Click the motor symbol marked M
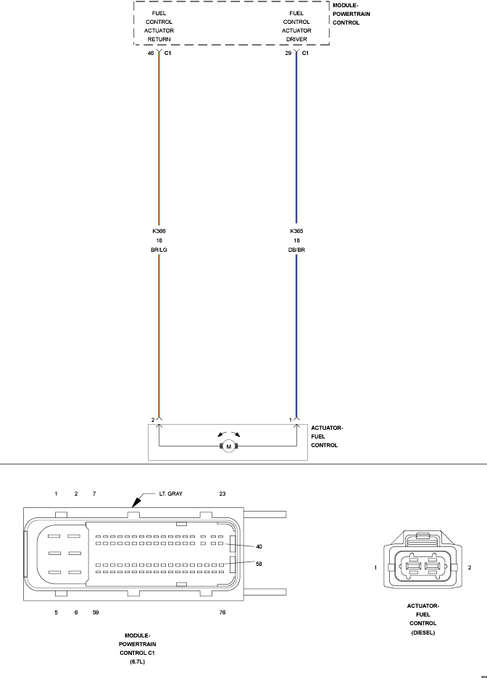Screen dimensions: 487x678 tap(229, 446)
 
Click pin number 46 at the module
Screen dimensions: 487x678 tap(151, 54)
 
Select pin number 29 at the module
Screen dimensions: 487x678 tap(288, 54)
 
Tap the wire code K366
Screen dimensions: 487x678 tap(159, 231)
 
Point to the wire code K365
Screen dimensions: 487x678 tap(296, 231)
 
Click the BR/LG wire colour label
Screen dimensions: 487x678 tap(159, 250)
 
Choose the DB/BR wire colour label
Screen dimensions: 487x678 tap(296, 250)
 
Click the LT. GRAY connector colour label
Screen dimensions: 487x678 tap(170, 493)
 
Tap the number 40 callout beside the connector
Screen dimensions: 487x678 tap(259, 546)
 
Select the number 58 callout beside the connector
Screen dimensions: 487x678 tap(259, 564)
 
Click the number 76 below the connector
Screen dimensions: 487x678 tap(222, 612)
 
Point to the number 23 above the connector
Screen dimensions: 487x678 tap(222, 493)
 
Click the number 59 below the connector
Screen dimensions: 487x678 tap(96, 612)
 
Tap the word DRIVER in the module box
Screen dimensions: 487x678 tap(296, 39)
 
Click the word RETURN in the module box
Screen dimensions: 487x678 tap(159, 39)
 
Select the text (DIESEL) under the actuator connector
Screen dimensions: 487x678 tap(423, 632)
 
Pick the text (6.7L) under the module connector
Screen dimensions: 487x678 tap(137, 662)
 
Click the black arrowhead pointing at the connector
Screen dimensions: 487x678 tap(136, 502)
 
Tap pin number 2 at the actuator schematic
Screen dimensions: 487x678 tap(153, 420)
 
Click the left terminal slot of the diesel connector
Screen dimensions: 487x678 tap(413, 566)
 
